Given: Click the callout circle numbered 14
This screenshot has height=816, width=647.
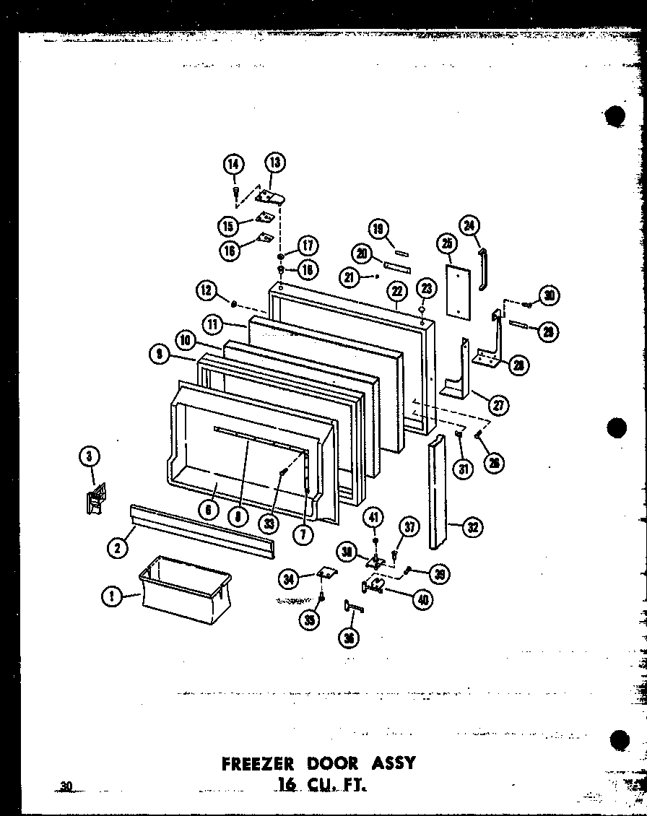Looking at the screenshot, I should tap(233, 165).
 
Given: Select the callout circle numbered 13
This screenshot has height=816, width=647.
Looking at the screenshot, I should tap(274, 162).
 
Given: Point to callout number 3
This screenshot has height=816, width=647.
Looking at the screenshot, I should tap(90, 456).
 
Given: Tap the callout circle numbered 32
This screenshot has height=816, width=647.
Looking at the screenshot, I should tap(473, 528).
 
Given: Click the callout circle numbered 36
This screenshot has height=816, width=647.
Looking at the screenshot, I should tap(350, 637).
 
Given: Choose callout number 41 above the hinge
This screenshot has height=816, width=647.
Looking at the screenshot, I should tap(373, 516).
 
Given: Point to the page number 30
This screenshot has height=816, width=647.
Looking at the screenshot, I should tap(67, 787).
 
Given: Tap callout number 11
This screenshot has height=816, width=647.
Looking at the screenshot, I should tap(212, 325).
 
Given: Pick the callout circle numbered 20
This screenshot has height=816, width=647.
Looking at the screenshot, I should tap(361, 253).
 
